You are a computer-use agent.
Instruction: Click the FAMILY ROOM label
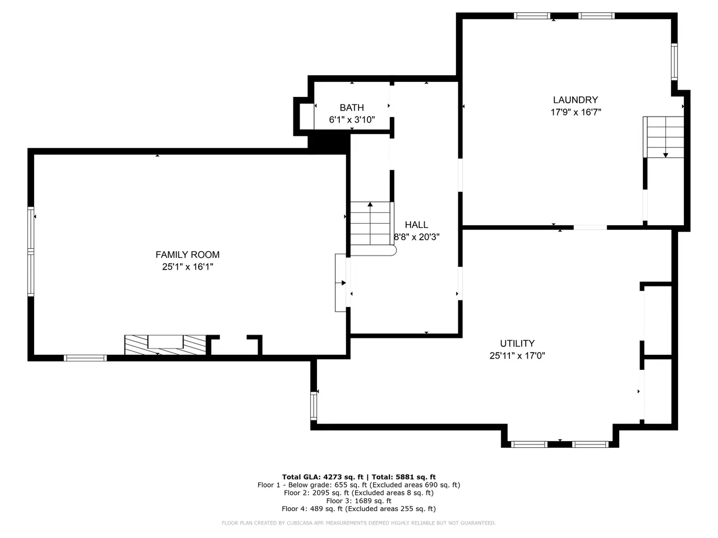(187, 254)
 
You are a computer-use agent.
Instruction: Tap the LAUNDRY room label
(576, 100)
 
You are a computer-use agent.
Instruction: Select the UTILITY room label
(517, 344)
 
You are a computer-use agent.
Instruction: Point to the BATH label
(352, 108)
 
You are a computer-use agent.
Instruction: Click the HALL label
(416, 225)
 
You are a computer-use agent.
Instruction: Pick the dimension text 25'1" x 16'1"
(187, 267)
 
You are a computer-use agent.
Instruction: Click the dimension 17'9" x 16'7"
(576, 112)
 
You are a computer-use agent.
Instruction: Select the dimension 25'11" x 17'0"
(517, 355)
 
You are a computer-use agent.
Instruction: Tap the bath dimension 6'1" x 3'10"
(352, 119)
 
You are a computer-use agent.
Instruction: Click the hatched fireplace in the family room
(165, 345)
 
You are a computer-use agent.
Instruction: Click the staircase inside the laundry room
(664, 137)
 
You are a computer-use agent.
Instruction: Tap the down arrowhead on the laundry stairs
(665, 155)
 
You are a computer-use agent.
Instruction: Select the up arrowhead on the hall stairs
(370, 204)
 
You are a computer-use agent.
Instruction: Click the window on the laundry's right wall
(674, 62)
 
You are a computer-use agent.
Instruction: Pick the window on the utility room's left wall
(314, 405)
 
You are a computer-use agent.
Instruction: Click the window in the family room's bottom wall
(85, 358)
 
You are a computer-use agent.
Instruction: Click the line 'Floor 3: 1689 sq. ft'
(358, 501)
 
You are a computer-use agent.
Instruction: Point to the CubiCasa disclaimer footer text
(358, 523)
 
